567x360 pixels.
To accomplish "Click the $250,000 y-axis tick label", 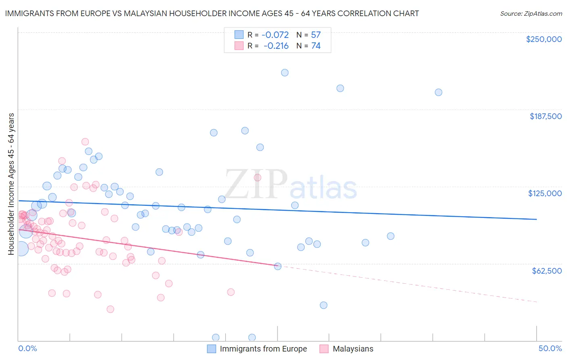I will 544,39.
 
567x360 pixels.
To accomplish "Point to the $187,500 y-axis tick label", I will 545,116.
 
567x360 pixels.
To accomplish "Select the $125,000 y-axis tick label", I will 545,193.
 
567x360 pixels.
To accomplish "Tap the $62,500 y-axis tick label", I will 546,271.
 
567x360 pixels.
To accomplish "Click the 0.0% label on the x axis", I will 27,349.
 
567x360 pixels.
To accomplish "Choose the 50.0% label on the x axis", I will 550,349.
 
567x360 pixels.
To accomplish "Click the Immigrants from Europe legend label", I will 263,349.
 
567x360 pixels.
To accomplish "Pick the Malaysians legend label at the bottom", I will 353,349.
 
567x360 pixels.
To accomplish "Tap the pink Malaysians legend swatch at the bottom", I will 324,349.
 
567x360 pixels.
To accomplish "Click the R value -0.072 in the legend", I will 275,35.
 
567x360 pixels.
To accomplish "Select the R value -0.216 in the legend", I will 276,46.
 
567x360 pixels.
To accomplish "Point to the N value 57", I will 316,35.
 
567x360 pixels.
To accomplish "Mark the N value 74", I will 316,46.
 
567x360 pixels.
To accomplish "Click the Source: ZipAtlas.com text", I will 531,14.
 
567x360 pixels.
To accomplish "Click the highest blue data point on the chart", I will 285,73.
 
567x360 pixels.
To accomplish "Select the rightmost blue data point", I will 438,92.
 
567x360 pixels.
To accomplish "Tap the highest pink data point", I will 85,142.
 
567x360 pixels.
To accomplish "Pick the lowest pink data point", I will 110,309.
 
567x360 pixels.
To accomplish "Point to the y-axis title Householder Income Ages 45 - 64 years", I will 11,184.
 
